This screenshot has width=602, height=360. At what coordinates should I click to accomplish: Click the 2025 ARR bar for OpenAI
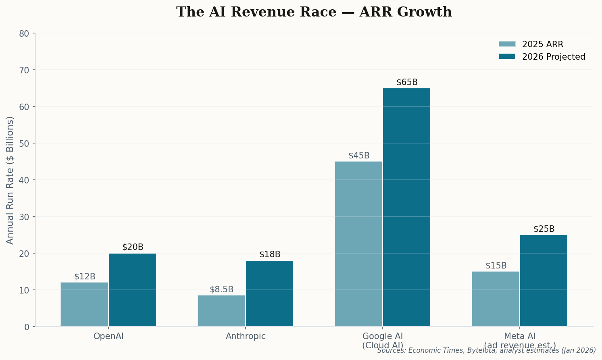pyautogui.click(x=84, y=304)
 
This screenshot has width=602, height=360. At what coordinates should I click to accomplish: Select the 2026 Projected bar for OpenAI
pyautogui.click(x=132, y=290)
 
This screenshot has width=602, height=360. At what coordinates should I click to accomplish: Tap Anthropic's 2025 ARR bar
pyautogui.click(x=221, y=311)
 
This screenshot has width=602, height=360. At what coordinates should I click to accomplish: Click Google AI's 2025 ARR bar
pyautogui.click(x=358, y=244)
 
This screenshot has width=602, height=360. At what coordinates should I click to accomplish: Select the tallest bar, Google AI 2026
pyautogui.click(x=406, y=207)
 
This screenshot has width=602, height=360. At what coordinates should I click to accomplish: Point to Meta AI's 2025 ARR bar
pyautogui.click(x=496, y=299)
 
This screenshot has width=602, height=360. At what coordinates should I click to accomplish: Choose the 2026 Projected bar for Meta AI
pyautogui.click(x=544, y=281)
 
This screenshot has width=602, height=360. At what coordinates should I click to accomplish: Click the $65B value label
pyautogui.click(x=407, y=82)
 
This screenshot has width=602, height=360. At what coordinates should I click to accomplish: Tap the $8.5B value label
pyautogui.click(x=221, y=289)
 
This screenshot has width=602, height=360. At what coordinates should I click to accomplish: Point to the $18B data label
pyautogui.click(x=270, y=254)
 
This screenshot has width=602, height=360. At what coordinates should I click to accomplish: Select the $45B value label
pyautogui.click(x=359, y=156)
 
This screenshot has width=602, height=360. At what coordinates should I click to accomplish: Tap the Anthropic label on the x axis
pyautogui.click(x=246, y=336)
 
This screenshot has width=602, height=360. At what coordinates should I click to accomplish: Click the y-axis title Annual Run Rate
pyautogui.click(x=10, y=180)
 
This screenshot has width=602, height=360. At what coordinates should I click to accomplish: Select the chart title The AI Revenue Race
pyautogui.click(x=314, y=12)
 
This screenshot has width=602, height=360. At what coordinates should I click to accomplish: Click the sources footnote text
pyautogui.click(x=486, y=350)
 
